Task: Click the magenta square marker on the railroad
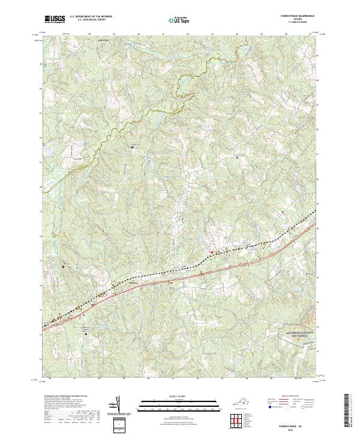click(x=211, y=252)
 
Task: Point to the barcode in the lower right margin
click(x=347, y=411)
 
